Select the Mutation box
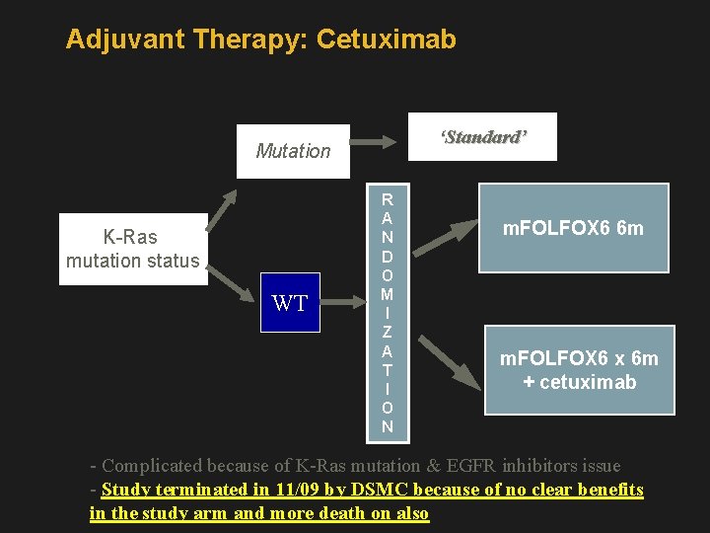293,151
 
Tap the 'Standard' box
482,136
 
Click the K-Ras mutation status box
133,249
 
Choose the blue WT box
290,303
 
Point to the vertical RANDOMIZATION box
387,312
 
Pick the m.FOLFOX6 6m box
573,228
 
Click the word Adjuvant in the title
125,39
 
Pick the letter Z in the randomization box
387,332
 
